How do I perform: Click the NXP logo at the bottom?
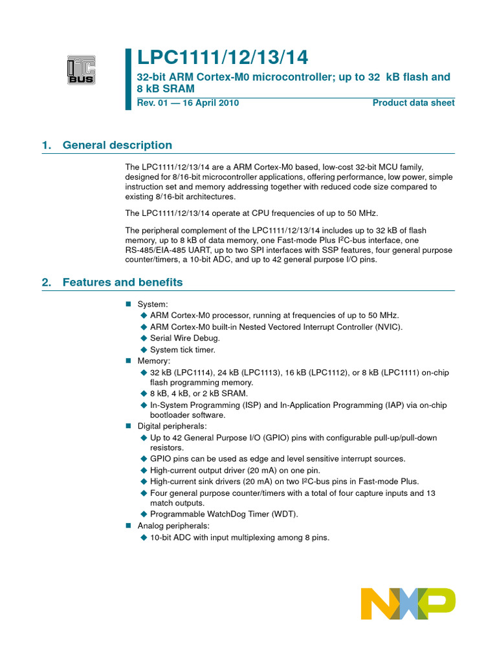click(408, 604)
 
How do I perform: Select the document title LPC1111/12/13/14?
click(223, 58)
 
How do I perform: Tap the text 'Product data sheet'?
click(414, 103)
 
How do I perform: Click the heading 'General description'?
click(117, 145)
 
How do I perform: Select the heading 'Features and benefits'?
click(122, 283)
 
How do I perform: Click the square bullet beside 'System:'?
click(128, 304)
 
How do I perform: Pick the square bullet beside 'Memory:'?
click(128, 361)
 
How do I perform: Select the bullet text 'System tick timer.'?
click(182, 350)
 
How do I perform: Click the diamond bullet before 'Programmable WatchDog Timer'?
click(144, 515)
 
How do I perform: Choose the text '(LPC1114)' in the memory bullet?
click(193, 373)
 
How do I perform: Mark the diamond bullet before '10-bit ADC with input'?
click(144, 537)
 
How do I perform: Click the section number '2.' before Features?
click(46, 283)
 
